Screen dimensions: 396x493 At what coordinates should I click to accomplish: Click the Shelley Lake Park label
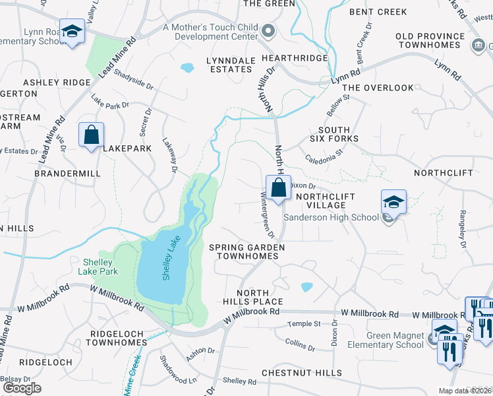tap(97, 265)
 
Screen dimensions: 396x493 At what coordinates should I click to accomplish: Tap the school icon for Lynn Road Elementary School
tap(72, 30)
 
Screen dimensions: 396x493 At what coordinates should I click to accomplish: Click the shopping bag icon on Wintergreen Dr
tap(278, 187)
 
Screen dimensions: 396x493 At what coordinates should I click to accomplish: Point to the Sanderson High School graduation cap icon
tap(393, 202)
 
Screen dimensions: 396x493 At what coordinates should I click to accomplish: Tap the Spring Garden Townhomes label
tap(247, 251)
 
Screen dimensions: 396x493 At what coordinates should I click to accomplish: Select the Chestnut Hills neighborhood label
tap(293, 372)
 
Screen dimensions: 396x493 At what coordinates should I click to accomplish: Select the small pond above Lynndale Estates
tap(187, 67)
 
